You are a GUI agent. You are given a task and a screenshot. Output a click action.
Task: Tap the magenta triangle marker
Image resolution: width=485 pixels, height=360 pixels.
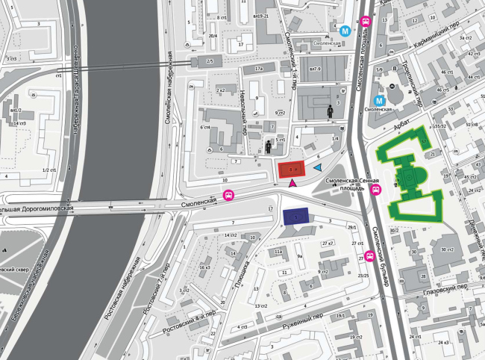(292, 183)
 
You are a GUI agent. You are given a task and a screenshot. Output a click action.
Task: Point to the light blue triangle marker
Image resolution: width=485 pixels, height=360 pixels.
(318, 167)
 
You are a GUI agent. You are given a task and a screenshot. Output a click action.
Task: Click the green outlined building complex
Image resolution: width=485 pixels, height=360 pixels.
(408, 178)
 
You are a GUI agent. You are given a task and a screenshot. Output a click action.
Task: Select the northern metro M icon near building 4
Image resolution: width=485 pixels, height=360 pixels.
(345, 31)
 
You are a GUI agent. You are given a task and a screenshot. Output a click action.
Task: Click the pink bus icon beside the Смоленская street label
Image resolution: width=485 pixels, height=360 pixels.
(228, 197)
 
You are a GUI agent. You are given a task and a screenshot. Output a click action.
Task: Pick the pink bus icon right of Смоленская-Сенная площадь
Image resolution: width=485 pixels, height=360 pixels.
(376, 190)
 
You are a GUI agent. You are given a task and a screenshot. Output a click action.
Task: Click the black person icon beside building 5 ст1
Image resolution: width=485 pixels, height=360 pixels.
(269, 146)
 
